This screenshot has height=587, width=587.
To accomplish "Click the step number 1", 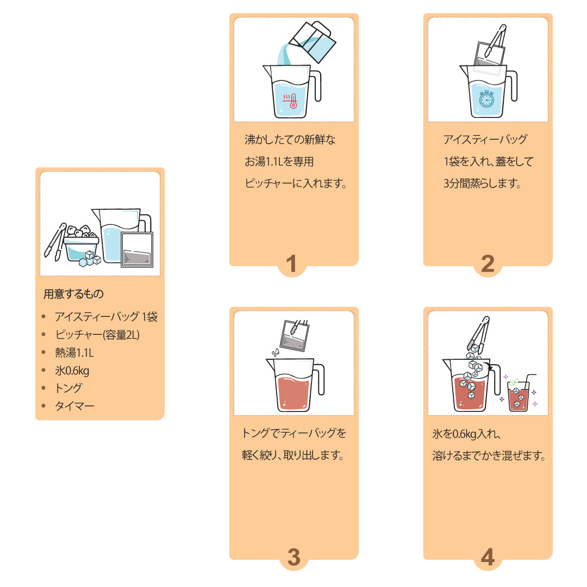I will [x=292, y=264].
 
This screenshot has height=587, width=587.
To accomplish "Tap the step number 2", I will [x=488, y=264].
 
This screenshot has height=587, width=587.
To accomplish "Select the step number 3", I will [x=293, y=558].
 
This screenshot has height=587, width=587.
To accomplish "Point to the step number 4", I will [x=488, y=558].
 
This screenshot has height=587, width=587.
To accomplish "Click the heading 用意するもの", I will [x=73, y=295].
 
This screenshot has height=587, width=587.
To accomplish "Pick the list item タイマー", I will [x=74, y=406].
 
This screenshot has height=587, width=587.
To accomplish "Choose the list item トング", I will [x=68, y=388].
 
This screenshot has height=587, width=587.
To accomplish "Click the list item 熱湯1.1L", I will [x=74, y=352].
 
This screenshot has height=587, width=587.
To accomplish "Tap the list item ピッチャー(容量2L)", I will [x=97, y=334].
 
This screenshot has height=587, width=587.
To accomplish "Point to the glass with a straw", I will [x=519, y=394].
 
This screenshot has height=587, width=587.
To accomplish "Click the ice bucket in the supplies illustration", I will [x=80, y=247].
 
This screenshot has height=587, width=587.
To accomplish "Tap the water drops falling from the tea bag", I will [x=276, y=353].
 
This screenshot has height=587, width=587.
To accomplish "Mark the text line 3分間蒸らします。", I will [x=482, y=184].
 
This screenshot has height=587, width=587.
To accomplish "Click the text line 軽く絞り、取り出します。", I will [x=293, y=455].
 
